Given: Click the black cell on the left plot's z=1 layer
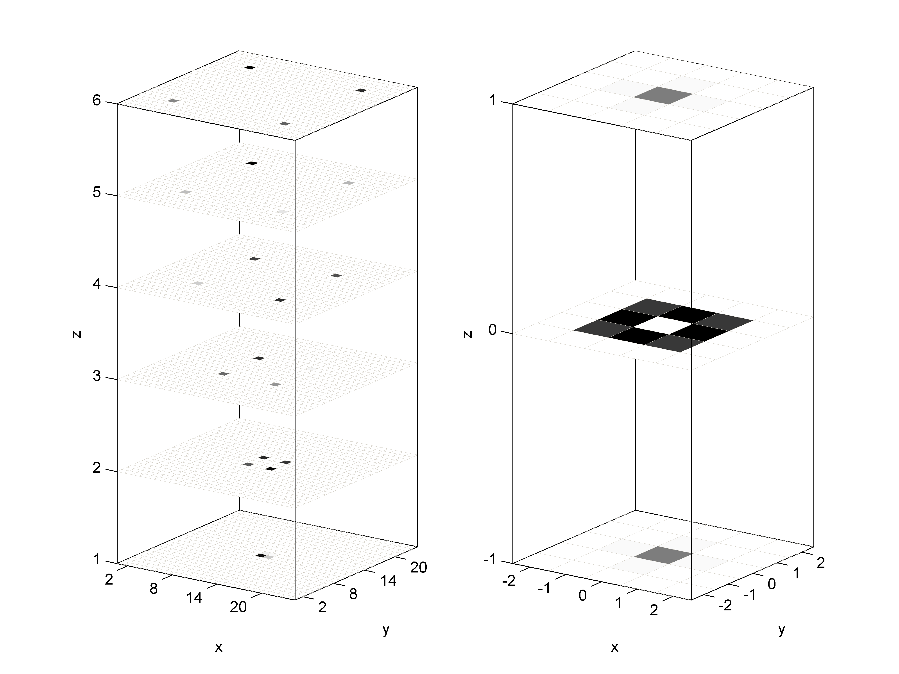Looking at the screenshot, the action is click(x=261, y=555).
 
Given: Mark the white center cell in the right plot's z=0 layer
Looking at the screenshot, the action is click(x=663, y=324).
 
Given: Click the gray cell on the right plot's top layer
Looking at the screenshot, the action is click(x=663, y=95).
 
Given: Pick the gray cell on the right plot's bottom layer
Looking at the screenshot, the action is click(x=663, y=555).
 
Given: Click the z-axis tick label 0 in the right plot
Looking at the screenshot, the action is click(x=492, y=330).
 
